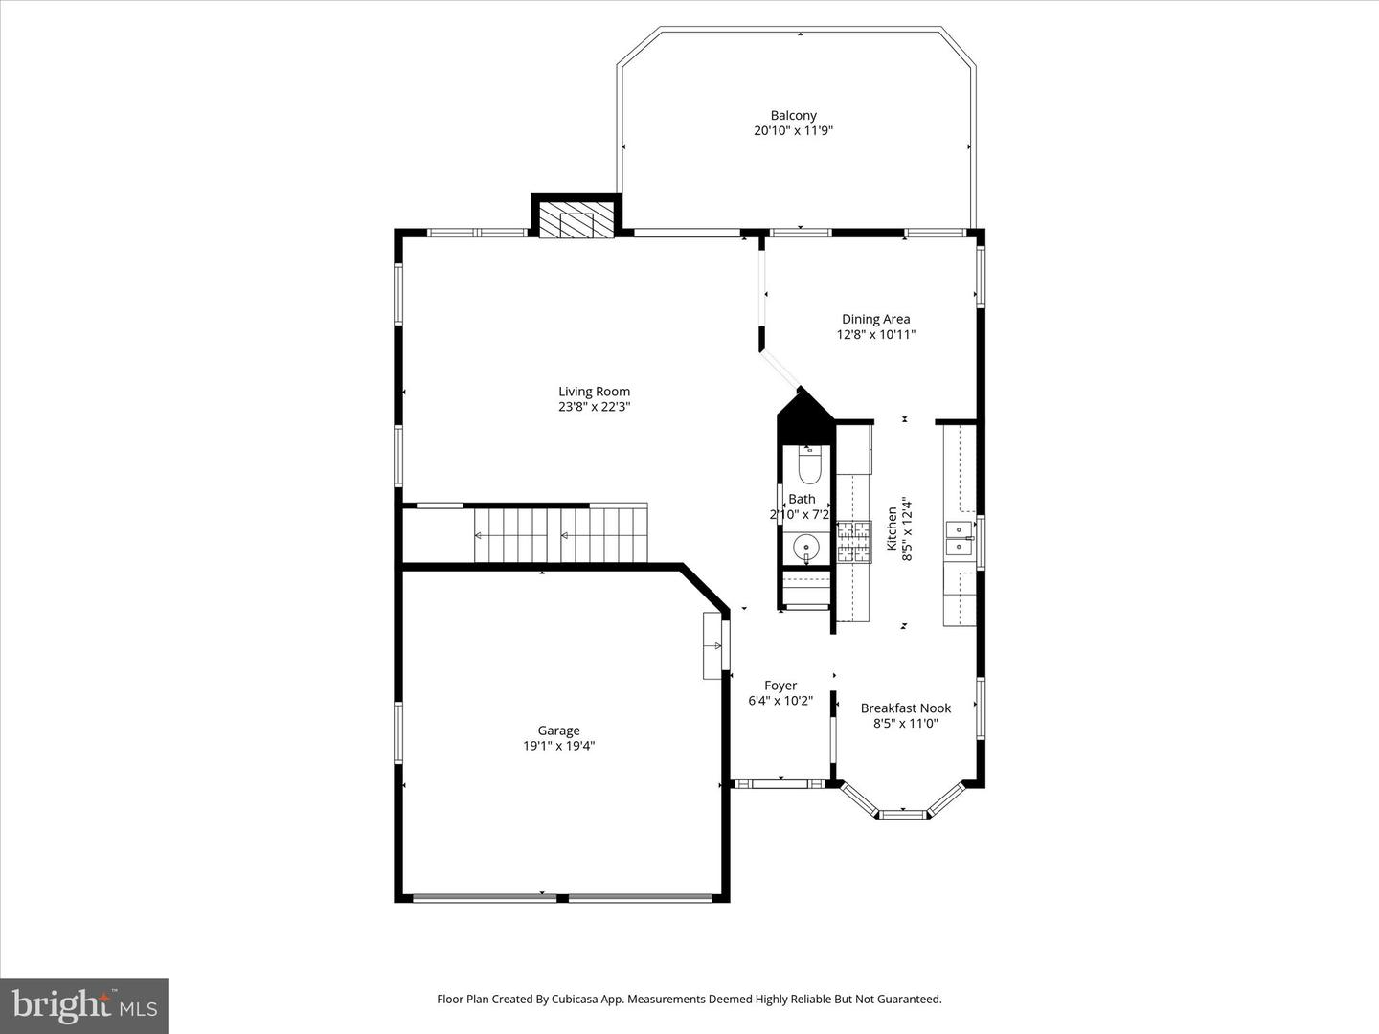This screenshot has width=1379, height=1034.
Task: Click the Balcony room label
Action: [793, 115]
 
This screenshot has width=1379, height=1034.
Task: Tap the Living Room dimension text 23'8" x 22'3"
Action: [594, 407]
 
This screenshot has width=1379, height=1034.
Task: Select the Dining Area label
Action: [875, 319]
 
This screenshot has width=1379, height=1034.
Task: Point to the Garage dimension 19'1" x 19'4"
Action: [558, 746]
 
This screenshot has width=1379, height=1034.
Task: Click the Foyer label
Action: [780, 686]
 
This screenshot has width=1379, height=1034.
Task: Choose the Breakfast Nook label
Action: [905, 708]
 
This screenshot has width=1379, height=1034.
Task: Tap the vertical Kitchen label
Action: [892, 528]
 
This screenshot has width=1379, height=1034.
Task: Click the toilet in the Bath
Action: [809, 466]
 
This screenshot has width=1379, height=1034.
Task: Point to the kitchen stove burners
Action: [854, 541]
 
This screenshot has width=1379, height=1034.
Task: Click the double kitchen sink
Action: [959, 539]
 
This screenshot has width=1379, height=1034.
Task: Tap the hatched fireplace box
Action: [576, 219]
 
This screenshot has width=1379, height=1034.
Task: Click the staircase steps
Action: [561, 535]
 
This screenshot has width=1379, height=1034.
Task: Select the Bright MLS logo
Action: [84, 1005]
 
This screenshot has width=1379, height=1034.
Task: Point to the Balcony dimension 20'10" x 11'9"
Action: [793, 131]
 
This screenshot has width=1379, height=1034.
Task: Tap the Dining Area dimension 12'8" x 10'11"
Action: [875, 335]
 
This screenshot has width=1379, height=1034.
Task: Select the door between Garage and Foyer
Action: [724, 646]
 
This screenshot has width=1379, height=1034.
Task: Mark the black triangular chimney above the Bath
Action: [804, 407]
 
